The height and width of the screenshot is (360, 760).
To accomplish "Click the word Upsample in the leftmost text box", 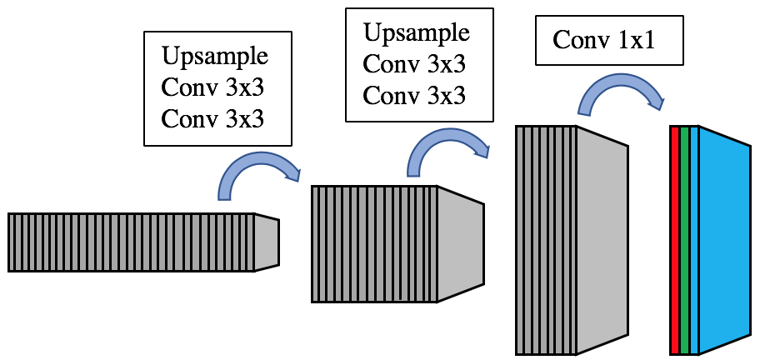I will pyautogui.click(x=215, y=57).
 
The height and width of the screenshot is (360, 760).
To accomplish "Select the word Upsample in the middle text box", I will pyautogui.click(x=416, y=33).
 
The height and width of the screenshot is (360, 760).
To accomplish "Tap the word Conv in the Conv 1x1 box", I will pyautogui.click(x=580, y=39).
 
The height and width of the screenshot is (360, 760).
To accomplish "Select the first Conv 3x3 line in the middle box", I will pyautogui.click(x=413, y=64).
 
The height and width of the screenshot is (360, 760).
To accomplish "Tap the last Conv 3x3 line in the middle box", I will pyautogui.click(x=413, y=95).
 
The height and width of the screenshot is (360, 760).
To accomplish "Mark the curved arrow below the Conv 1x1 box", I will pyautogui.click(x=621, y=91).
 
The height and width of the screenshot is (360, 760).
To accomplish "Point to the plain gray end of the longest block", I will pyautogui.click(x=266, y=242).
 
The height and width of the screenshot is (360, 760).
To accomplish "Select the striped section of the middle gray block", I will pyautogui.click(x=374, y=242).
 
